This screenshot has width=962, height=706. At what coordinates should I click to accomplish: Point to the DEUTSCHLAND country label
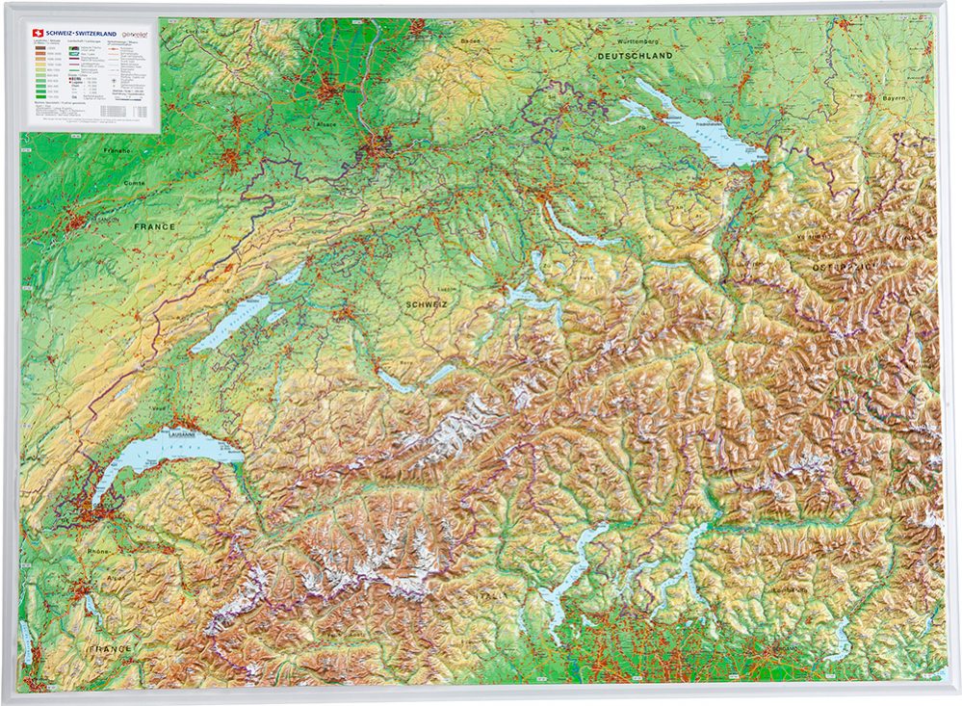(633, 58)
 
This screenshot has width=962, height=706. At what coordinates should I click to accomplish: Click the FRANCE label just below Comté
(154, 226)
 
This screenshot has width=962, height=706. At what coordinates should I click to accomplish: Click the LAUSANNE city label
(181, 432)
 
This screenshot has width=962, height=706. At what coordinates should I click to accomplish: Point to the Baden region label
(470, 41)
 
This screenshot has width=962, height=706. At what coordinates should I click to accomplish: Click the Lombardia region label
(761, 589)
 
